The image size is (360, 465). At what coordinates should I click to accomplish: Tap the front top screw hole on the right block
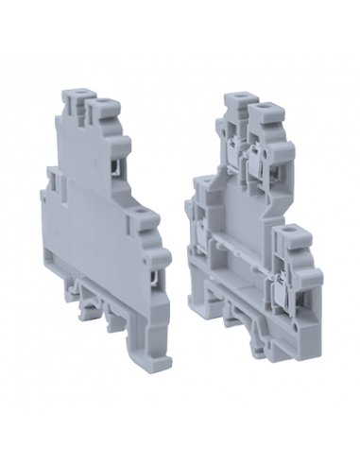pyautogui.click(x=257, y=109)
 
